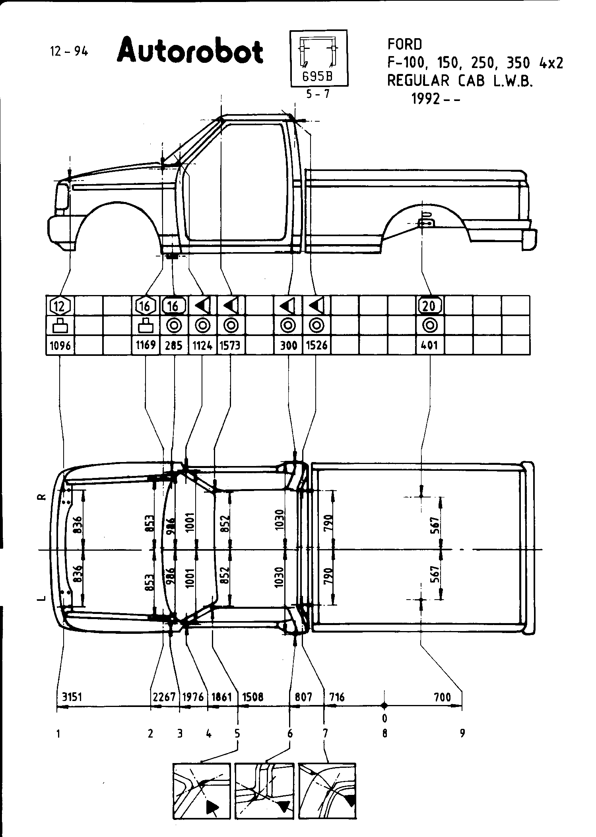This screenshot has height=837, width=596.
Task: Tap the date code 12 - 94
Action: tap(69, 51)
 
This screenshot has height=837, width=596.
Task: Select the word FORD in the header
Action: tap(405, 45)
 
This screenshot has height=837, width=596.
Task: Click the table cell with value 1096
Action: tap(60, 345)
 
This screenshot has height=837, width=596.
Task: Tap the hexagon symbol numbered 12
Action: tap(60, 306)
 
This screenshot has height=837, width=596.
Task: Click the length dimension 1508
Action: tap(253, 697)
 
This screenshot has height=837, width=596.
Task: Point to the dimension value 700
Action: tap(443, 697)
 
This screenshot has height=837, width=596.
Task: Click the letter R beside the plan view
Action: tap(43, 497)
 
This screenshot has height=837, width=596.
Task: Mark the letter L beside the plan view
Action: tap(43, 598)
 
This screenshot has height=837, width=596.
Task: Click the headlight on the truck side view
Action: tap(62, 197)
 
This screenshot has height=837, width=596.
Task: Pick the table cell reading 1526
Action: tap(316, 345)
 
